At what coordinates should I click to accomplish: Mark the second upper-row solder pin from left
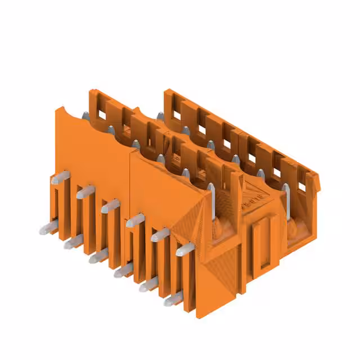point(85,192)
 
